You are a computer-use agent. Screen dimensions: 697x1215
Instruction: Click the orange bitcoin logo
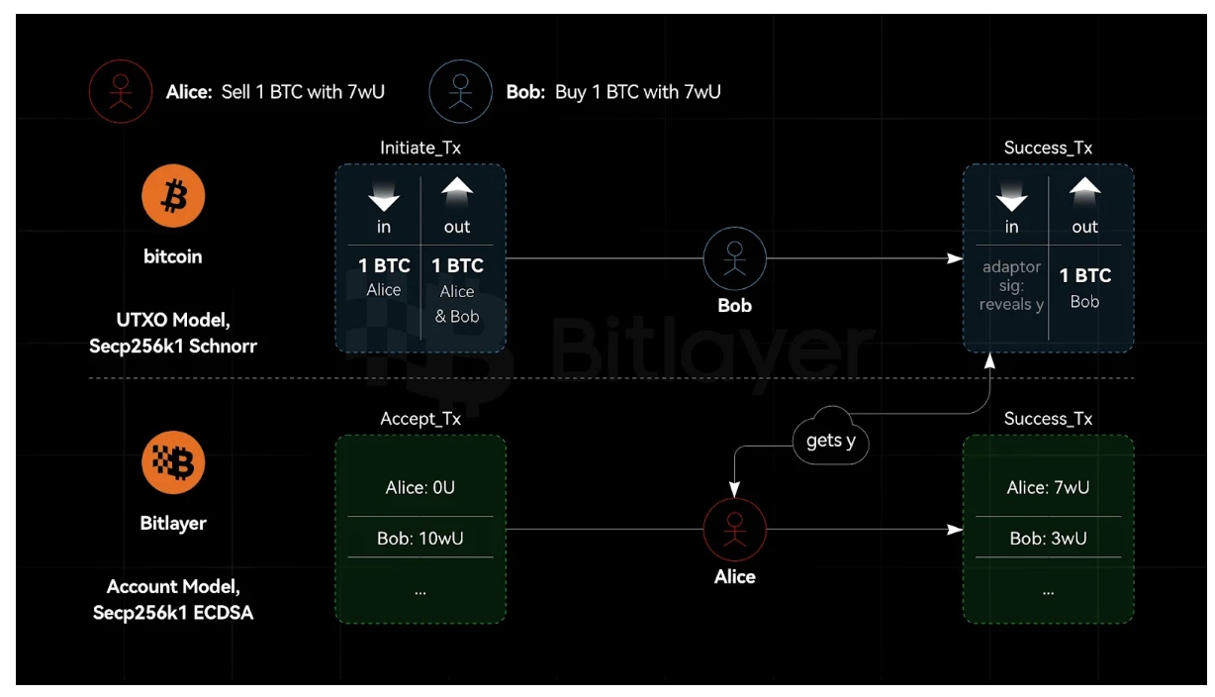[x=173, y=197]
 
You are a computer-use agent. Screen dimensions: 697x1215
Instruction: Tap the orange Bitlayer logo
[x=173, y=463]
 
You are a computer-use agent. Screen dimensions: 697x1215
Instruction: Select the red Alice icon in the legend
[x=120, y=92]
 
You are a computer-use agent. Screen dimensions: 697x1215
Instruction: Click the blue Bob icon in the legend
[x=460, y=92]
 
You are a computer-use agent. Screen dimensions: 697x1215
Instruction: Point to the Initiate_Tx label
[x=421, y=148]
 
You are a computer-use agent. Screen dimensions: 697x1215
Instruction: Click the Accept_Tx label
[x=421, y=419]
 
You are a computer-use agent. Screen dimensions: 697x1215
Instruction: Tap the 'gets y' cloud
[x=830, y=441]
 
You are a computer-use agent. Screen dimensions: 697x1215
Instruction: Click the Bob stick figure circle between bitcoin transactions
[x=734, y=258]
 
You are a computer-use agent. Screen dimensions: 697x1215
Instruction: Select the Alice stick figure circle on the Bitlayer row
[x=734, y=530]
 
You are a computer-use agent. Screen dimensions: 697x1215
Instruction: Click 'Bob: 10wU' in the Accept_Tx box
[x=421, y=539]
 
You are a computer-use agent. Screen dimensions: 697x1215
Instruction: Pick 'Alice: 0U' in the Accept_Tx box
[x=421, y=487]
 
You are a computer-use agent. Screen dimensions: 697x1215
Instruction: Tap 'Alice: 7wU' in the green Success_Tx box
[x=1048, y=487]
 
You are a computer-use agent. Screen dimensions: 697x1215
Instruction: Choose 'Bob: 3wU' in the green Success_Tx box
[x=1048, y=539]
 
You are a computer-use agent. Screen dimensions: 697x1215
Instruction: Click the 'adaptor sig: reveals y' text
[x=1011, y=285]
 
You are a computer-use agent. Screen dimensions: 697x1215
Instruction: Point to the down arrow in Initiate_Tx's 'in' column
[x=384, y=198]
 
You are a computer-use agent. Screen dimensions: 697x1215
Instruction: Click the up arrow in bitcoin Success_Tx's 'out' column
[x=1084, y=191]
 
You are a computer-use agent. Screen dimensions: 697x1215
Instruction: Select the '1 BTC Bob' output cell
[x=1084, y=287]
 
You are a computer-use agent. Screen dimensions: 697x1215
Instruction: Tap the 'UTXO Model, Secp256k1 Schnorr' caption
[x=173, y=333]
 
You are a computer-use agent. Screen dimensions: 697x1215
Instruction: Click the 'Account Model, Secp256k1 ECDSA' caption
[x=173, y=599]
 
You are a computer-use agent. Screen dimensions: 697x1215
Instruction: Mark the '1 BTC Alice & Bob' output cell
[x=456, y=289]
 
